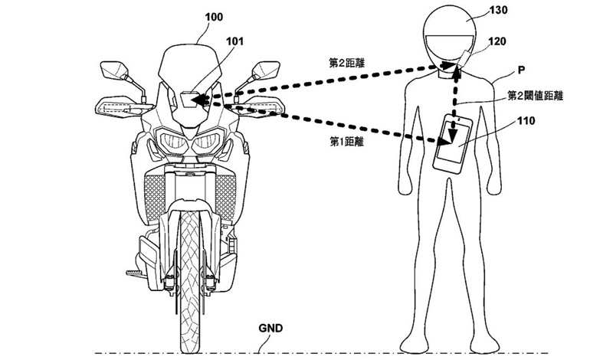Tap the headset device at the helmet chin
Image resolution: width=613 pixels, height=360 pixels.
(x=464, y=61)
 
